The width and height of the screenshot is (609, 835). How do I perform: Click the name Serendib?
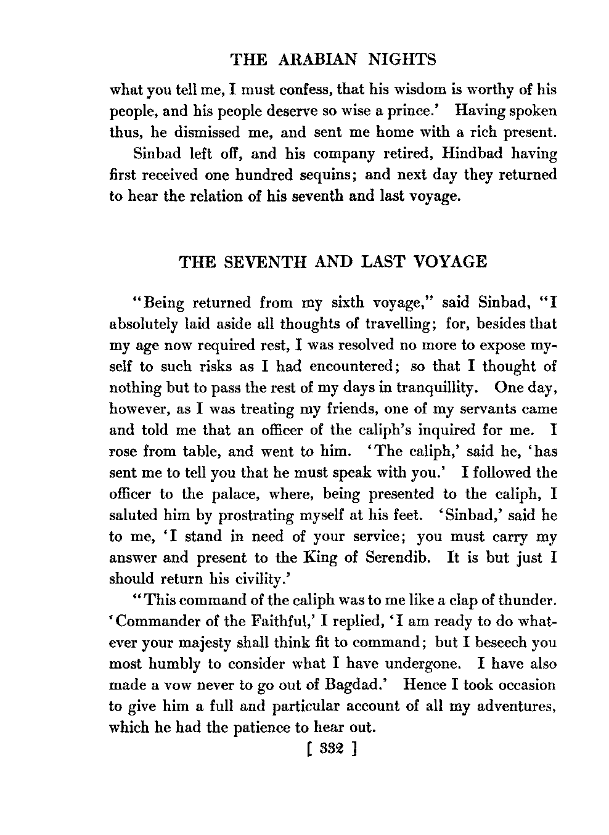(398, 558)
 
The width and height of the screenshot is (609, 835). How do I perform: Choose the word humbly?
(194, 664)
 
